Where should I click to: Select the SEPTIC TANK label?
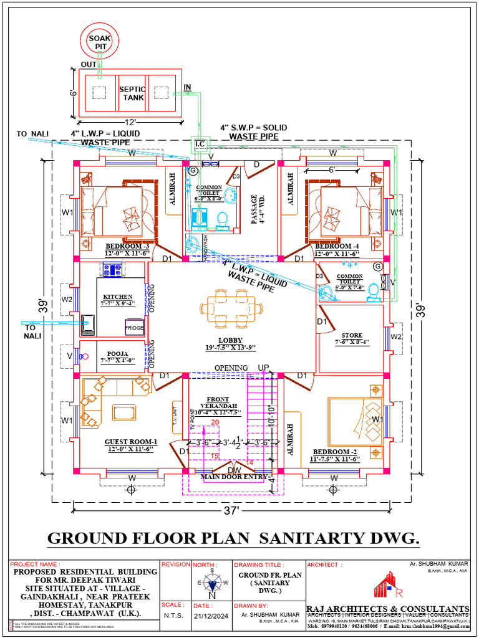[132, 93]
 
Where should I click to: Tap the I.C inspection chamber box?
[200, 145]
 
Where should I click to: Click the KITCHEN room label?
[118, 297]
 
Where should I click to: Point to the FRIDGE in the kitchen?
[134, 328]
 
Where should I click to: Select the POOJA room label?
[117, 353]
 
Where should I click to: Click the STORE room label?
[352, 335]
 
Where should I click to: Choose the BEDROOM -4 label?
[337, 246]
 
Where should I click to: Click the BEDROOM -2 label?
[336, 451]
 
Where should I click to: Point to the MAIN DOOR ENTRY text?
[234, 477]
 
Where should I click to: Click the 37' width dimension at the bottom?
[231, 510]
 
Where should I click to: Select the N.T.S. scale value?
[173, 614]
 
